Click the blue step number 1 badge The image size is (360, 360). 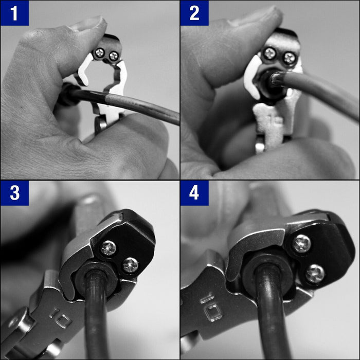point(14,13)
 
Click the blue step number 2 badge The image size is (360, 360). point(194,13)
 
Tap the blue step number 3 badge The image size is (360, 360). point(14,193)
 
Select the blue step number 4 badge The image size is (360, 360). point(194,193)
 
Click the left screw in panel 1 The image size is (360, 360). point(100,53)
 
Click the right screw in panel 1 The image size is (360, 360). point(114,56)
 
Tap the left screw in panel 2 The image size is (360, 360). point(269,53)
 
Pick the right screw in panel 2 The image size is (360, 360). point(289,58)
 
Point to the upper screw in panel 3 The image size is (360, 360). point(109,248)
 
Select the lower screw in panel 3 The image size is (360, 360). point(131,265)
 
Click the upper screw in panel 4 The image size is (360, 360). point(302,244)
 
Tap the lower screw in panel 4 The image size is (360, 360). point(315,274)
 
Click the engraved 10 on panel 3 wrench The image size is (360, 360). point(60,317)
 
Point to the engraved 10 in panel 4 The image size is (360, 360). point(211,307)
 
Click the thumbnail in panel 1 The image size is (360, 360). point(87,24)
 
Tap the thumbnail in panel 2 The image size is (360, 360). point(255,15)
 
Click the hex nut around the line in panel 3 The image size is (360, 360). point(95,281)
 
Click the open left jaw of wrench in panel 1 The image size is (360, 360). point(84,70)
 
